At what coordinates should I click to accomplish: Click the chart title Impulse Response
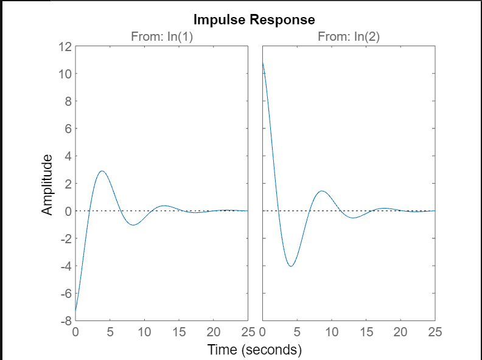point(254,19)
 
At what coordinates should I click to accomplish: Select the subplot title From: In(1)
point(162,37)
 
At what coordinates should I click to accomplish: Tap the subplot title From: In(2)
point(349,37)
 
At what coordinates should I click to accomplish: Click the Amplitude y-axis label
point(48,184)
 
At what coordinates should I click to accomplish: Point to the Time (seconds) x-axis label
point(254,350)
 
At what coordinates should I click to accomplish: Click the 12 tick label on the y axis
point(65,47)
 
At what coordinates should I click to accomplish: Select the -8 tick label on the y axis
point(65,321)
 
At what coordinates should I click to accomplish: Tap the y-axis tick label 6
point(68,129)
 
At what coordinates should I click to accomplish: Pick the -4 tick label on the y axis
point(65,266)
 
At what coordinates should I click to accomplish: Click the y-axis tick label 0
point(68,211)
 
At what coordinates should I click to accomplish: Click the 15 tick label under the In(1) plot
point(179,332)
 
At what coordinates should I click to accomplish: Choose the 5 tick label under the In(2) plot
point(297,332)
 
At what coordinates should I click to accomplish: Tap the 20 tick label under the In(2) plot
point(400,332)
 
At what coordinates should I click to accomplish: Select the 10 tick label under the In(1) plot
point(144,332)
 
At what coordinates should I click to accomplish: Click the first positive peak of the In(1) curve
point(102,171)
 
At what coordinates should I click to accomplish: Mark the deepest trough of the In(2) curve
point(291,266)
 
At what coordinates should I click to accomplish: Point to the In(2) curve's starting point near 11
point(263,62)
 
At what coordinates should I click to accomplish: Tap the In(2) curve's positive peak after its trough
point(322,191)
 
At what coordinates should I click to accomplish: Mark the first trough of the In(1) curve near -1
point(133,225)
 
